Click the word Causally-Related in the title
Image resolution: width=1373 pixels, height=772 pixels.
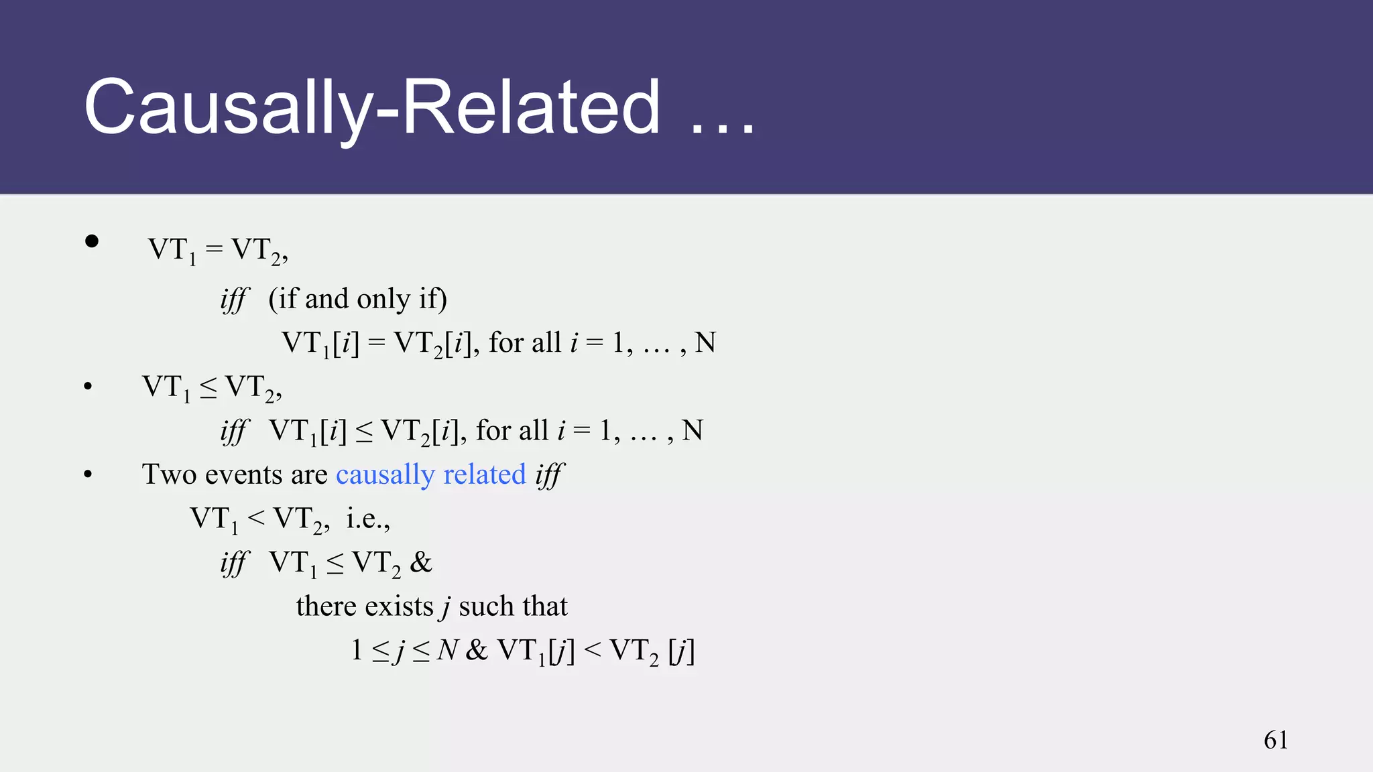(x=372, y=107)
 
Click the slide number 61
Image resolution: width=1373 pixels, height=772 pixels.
(x=1276, y=740)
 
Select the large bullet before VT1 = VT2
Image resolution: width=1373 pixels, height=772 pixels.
(x=92, y=241)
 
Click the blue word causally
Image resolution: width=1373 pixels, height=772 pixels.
(x=385, y=474)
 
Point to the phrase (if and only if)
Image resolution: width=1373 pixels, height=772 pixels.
(x=357, y=299)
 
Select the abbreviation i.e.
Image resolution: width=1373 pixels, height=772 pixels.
(x=367, y=518)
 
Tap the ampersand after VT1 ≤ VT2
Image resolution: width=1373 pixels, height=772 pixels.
(x=421, y=562)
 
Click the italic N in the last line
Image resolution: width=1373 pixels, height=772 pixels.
(x=447, y=650)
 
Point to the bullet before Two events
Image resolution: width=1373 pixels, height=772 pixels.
(x=88, y=474)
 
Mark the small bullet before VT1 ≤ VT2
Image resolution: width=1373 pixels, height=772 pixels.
(x=88, y=387)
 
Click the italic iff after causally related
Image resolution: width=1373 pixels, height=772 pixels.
(x=550, y=475)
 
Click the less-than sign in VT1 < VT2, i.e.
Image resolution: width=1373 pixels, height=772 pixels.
(x=255, y=518)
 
